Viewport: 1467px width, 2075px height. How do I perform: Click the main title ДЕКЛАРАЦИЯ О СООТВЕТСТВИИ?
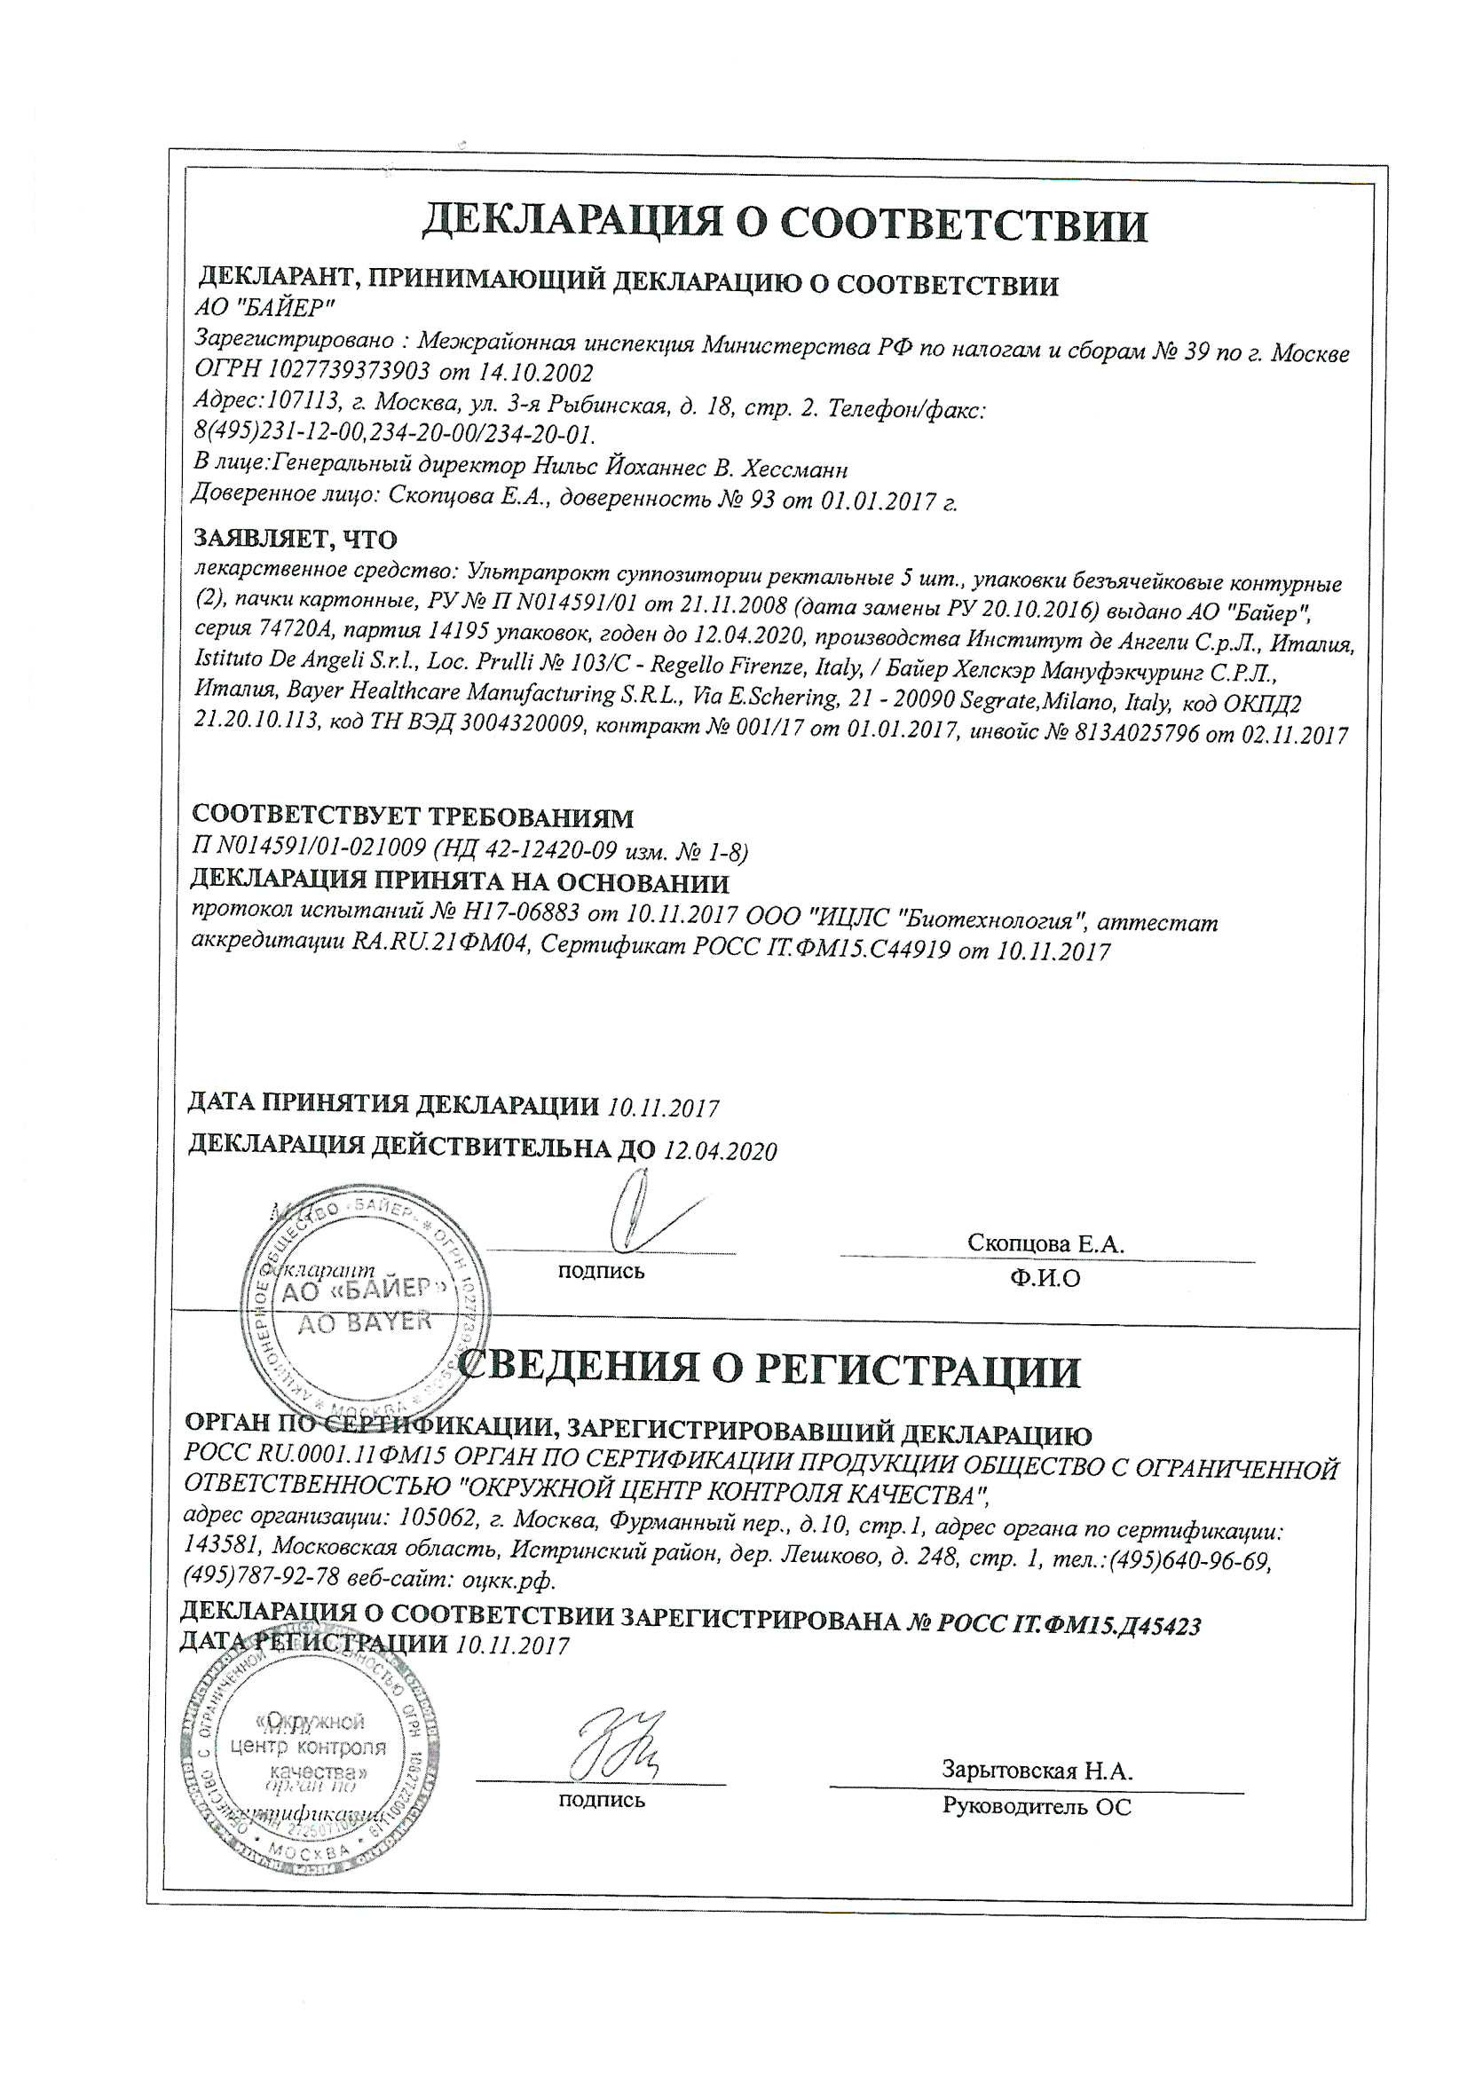(785, 224)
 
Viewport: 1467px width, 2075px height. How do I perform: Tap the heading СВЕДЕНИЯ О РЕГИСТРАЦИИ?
(769, 1370)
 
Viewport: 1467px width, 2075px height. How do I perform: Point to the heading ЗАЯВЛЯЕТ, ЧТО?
(296, 540)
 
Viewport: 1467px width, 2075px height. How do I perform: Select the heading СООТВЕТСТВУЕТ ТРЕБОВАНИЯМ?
(413, 817)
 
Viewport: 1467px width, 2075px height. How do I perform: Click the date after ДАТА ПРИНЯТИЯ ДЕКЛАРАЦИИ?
(664, 1107)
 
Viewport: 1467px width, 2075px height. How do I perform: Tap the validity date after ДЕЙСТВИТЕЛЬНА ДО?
(721, 1150)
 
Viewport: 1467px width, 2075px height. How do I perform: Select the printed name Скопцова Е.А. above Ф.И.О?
(1045, 1243)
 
